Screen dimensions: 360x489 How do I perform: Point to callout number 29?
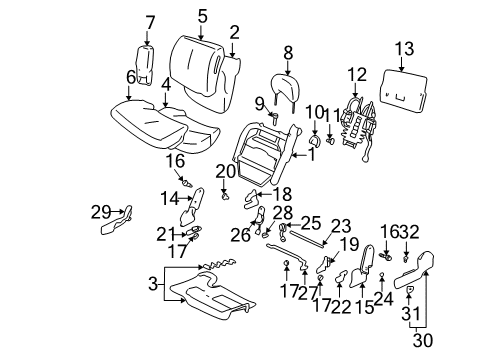(x=98, y=211)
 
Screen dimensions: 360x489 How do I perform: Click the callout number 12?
(x=357, y=74)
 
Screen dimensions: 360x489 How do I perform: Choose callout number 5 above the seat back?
(x=202, y=15)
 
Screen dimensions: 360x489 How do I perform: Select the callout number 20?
(x=226, y=171)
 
